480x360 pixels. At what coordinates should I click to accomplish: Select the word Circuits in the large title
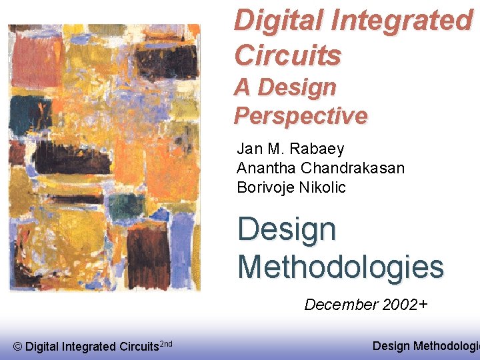(x=287, y=55)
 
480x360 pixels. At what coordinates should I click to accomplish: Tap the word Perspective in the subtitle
(x=300, y=115)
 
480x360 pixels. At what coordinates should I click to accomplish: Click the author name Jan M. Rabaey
(x=290, y=149)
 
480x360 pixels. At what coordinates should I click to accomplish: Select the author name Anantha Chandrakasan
(x=320, y=168)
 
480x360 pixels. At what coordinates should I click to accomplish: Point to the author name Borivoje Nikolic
(x=291, y=187)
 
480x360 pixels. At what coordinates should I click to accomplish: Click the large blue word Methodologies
(x=340, y=267)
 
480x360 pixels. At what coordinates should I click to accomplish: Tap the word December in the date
(x=341, y=305)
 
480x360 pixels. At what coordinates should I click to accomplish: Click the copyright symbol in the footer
(x=18, y=346)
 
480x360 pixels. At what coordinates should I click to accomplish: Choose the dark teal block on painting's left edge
(x=23, y=113)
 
